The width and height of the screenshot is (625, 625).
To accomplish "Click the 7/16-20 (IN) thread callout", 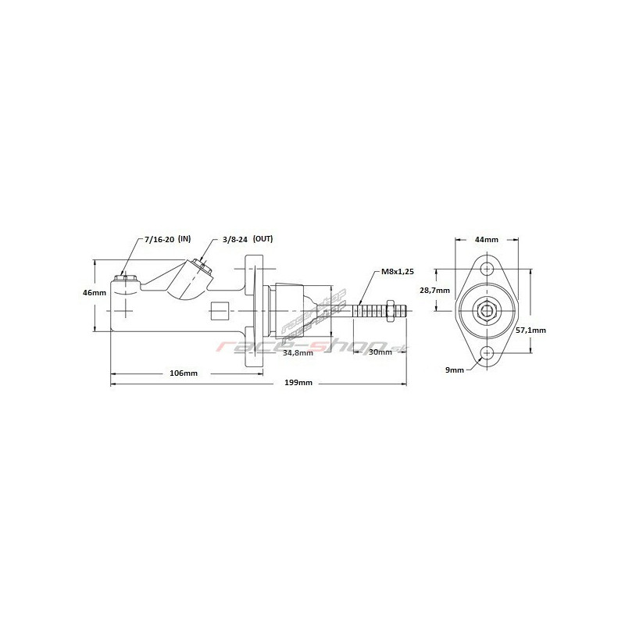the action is click(168, 239).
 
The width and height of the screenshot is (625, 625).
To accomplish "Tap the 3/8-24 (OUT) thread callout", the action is click(248, 239).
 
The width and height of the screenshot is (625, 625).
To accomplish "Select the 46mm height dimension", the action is click(95, 292).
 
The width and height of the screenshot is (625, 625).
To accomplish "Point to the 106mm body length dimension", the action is click(184, 373).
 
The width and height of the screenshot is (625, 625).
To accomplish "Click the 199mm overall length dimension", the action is click(298, 383).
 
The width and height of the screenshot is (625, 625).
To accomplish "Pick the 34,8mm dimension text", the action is click(298, 353).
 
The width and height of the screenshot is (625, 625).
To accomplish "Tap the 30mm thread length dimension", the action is click(380, 352).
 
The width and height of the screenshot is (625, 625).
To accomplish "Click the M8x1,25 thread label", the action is click(398, 272).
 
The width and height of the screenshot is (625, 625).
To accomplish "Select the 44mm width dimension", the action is click(486, 240).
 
